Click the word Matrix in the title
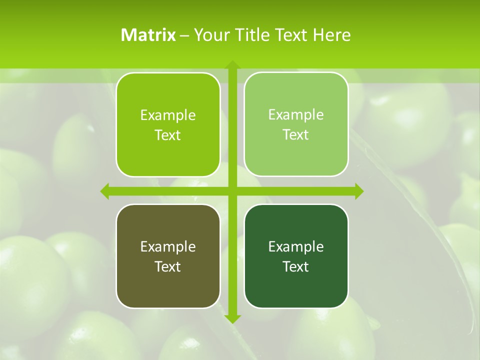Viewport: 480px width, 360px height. (x=148, y=35)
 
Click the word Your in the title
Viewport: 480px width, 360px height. (x=212, y=35)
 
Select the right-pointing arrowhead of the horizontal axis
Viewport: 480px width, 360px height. (x=358, y=191)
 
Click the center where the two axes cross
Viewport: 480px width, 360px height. (x=232, y=191)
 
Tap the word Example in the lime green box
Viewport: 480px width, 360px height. (x=168, y=115)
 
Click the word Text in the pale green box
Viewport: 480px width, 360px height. (x=296, y=135)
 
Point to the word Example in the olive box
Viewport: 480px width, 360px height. (x=168, y=247)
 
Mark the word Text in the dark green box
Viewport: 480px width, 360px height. (x=296, y=266)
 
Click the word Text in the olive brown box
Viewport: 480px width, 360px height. (x=168, y=266)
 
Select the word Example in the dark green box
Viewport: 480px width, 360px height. (x=296, y=247)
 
